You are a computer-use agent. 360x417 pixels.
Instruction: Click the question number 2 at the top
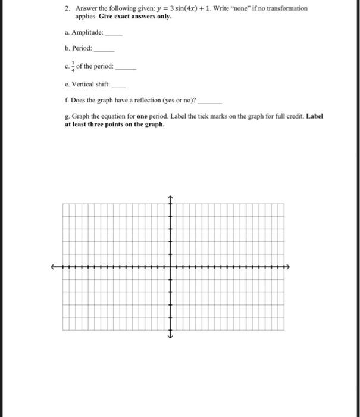pyautogui.click(x=67, y=9)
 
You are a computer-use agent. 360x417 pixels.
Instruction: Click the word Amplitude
pyautogui.click(x=87, y=33)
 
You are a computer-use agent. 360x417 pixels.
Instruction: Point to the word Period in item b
pyautogui.click(x=82, y=48)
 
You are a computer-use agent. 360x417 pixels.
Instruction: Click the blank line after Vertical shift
pyautogui.click(x=118, y=87)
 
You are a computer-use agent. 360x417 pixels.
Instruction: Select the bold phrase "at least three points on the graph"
pyautogui.click(x=114, y=125)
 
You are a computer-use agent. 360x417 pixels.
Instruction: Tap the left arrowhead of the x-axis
pyautogui.click(x=53, y=267)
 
